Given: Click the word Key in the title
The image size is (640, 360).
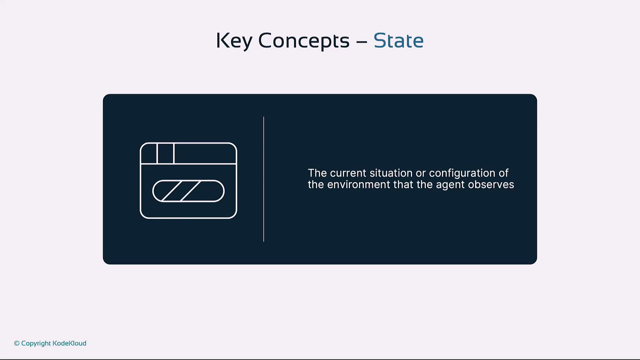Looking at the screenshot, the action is point(234,41).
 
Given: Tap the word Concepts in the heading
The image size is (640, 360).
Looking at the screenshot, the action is point(304,41).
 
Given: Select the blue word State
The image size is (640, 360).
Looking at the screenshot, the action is point(398,40).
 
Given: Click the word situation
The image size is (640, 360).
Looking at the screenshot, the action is point(391,173).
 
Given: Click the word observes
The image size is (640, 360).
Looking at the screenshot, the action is point(491,185).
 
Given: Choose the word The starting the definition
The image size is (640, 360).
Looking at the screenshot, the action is point(317,173).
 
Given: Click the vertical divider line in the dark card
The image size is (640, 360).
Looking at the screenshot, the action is point(264,179).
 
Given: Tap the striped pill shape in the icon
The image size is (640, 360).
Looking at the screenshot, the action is point(188,191).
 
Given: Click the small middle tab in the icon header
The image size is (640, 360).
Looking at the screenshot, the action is point(166,154).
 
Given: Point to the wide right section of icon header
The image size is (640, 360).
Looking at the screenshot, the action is point(205,154).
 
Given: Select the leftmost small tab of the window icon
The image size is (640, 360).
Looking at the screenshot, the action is point(149,154).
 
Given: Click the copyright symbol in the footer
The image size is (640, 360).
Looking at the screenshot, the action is point(17,343).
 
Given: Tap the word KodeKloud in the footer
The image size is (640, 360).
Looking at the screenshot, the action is point(69,343).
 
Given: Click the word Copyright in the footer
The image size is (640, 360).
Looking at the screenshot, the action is point(36,344).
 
